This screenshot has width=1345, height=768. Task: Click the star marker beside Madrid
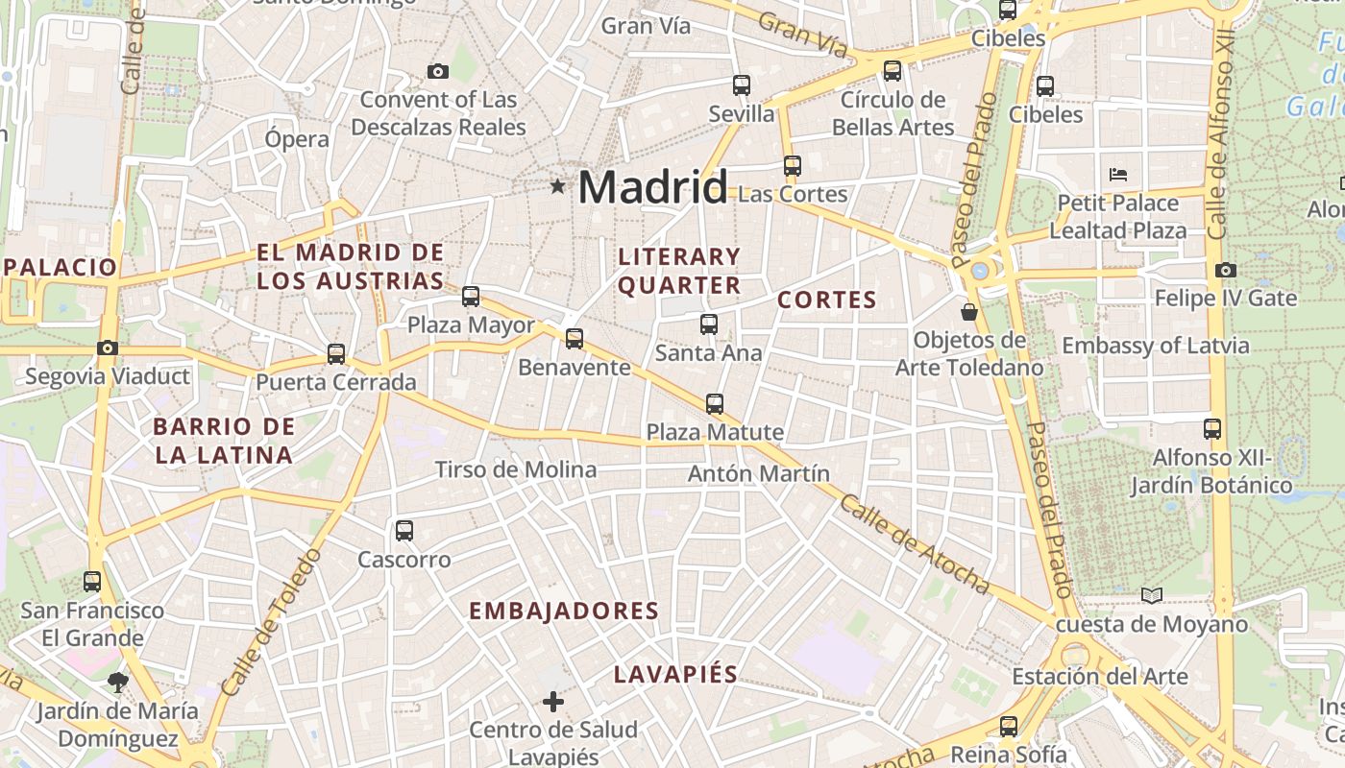click(x=557, y=186)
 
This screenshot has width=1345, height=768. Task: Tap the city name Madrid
click(x=652, y=186)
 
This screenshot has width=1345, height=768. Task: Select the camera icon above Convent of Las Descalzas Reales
click(x=438, y=71)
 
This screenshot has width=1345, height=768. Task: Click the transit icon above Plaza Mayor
click(x=471, y=297)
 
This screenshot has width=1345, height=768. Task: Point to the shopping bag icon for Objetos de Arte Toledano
click(x=969, y=312)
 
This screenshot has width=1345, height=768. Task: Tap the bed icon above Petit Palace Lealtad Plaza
click(x=1118, y=175)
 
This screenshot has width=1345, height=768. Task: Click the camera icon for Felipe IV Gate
click(x=1226, y=271)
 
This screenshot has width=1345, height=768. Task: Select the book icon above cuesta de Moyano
click(x=1152, y=596)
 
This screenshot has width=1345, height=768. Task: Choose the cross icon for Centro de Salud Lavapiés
click(x=553, y=702)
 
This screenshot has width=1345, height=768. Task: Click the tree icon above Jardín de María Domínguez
click(x=118, y=683)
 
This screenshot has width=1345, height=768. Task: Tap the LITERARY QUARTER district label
click(x=679, y=271)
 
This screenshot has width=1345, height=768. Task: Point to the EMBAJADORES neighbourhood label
click(x=564, y=612)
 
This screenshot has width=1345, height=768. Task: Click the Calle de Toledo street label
click(x=271, y=622)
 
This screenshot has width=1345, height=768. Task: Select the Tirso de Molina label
click(x=516, y=469)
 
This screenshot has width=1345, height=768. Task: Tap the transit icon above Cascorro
click(x=404, y=531)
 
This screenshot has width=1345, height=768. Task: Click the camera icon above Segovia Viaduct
click(x=108, y=348)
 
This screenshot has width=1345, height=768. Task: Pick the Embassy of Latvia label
click(x=1155, y=346)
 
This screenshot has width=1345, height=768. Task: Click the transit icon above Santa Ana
click(x=709, y=324)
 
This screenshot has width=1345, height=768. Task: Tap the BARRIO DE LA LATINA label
click(x=224, y=441)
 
